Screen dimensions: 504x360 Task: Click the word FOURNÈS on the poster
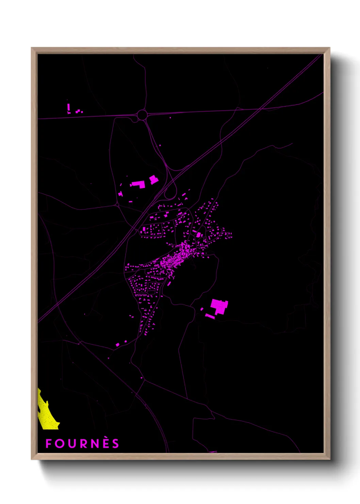(x=82, y=443)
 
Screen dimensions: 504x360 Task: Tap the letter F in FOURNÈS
(x=48, y=444)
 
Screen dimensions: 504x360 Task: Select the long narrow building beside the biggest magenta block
(x=210, y=317)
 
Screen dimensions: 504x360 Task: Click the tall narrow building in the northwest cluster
(x=68, y=108)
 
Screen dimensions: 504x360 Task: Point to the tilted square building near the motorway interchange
(x=154, y=179)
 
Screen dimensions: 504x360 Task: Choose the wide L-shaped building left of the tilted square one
(x=138, y=184)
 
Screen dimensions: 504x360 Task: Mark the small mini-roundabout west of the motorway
(x=117, y=205)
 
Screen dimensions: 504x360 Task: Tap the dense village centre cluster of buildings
(x=175, y=259)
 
